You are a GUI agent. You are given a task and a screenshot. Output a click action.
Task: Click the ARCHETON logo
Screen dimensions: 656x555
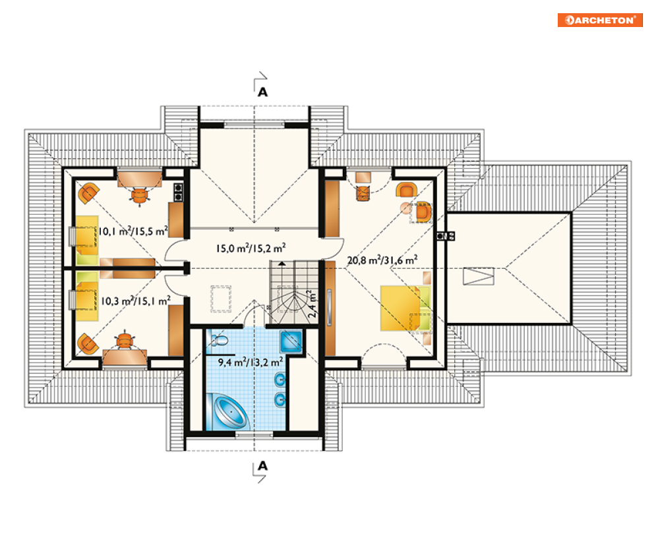pyautogui.click(x=600, y=20)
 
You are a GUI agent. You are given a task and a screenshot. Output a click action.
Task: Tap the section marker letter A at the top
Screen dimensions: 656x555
pyautogui.click(x=262, y=92)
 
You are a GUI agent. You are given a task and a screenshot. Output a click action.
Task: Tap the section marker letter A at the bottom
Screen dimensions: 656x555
pyautogui.click(x=262, y=465)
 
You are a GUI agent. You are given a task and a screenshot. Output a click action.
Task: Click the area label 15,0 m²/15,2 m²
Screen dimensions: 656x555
pyautogui.click(x=251, y=248)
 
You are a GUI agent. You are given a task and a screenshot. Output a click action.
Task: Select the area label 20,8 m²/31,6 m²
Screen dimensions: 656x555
pyautogui.click(x=382, y=260)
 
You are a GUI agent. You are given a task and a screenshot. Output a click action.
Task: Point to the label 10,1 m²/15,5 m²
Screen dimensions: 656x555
pyautogui.click(x=133, y=231)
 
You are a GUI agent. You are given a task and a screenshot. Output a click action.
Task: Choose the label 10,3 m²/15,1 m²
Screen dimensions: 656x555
pyautogui.click(x=136, y=301)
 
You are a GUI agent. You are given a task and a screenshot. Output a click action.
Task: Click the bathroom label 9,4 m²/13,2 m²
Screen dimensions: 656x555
pyautogui.click(x=250, y=362)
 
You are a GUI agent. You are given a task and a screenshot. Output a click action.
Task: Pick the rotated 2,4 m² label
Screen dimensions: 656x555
pyautogui.click(x=312, y=304)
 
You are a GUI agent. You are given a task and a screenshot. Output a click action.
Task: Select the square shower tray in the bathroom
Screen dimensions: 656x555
pyautogui.click(x=291, y=342)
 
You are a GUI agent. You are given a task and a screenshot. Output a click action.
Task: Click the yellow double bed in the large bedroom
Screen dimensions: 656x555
pyautogui.click(x=405, y=308)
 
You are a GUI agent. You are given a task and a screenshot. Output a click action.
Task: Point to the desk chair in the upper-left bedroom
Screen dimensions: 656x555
pyautogui.click(x=140, y=195)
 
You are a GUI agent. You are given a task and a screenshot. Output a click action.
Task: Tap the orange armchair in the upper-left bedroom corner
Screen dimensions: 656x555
pyautogui.click(x=88, y=193)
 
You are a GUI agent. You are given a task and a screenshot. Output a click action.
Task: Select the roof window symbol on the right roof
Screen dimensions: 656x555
pyautogui.click(x=479, y=276)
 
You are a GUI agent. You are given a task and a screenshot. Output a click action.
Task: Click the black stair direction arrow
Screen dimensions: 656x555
pyautogui.click(x=282, y=264)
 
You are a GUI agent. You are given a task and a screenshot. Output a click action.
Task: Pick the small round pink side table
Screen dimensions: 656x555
pyautogui.click(x=406, y=208)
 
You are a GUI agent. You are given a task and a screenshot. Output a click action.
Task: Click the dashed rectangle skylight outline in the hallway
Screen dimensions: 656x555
pyautogui.click(x=221, y=299)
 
